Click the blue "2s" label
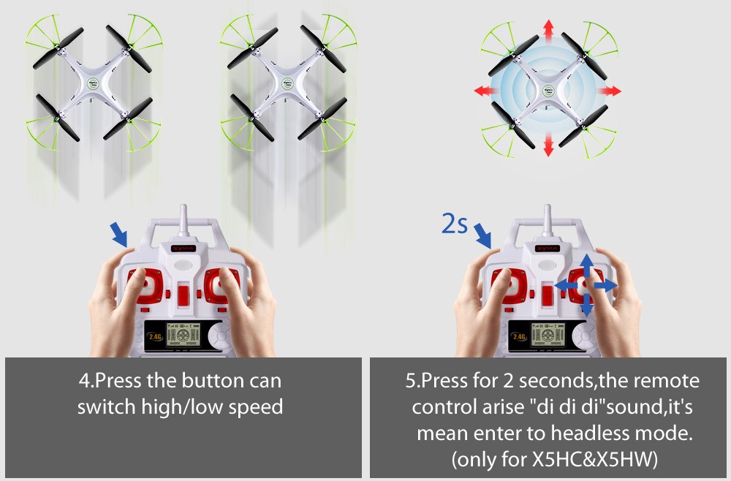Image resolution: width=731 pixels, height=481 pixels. pos(454,224)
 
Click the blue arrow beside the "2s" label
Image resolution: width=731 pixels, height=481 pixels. pos(482,236)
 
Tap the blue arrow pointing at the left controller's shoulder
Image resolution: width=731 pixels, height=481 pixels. pos(118,235)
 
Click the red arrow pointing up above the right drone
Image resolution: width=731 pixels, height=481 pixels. pos(549,29)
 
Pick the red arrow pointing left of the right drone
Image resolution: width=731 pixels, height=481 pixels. pos(485,91)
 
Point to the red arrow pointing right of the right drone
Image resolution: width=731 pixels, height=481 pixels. pos(610,91)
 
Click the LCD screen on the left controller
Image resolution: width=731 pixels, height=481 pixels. pos(183,335)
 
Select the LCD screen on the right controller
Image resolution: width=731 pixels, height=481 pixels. pos(548,335)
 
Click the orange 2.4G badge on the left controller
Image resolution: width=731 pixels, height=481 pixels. pos(155,336)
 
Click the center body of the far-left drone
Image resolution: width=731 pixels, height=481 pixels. pos(94,85)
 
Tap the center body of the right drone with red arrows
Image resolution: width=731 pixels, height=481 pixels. pos(549,91)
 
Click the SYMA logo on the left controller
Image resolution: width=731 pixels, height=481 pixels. pos(183,249)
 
